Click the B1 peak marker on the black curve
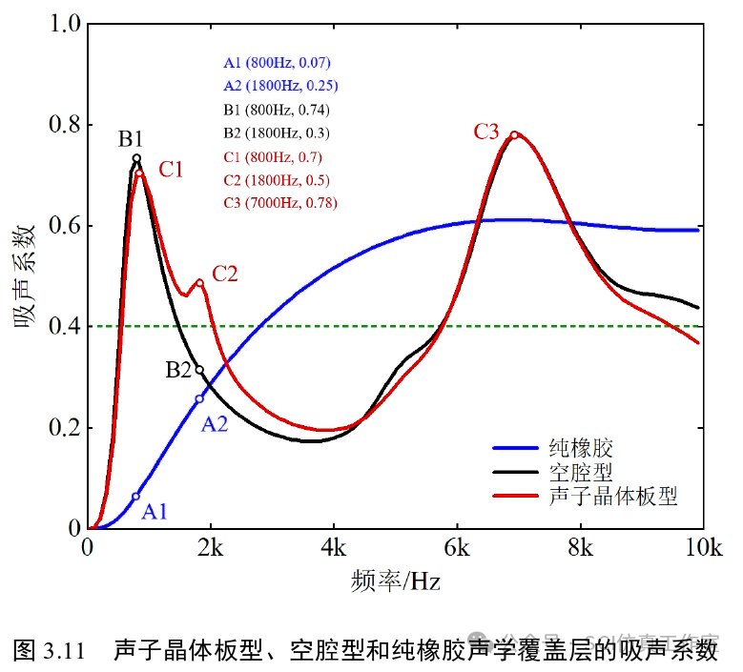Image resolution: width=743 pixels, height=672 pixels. (136, 158)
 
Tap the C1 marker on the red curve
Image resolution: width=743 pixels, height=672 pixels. (139, 173)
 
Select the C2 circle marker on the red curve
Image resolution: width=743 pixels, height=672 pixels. (199, 283)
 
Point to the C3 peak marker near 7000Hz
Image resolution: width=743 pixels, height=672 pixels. (514, 134)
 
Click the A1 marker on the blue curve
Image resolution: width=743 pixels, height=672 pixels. (135, 497)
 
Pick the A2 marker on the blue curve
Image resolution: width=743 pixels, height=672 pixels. (199, 398)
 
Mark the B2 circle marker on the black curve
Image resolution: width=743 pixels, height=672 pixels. (199, 370)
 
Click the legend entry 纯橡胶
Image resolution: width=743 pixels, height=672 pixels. (580, 448)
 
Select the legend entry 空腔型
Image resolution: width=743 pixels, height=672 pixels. (580, 472)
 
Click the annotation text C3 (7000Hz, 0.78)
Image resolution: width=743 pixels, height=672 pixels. (279, 203)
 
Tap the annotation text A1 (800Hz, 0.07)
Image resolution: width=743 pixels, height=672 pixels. (277, 63)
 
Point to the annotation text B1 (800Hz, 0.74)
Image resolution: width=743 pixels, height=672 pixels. (277, 110)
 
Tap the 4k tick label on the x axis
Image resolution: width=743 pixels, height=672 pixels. (333, 548)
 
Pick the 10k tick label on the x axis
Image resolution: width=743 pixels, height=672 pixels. (702, 548)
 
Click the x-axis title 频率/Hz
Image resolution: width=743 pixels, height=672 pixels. (395, 579)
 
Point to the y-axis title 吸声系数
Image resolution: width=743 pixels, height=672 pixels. (26, 275)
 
